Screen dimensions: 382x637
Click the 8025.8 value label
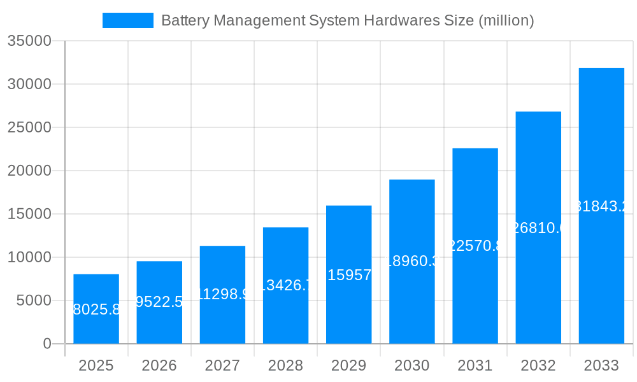pos(96,310)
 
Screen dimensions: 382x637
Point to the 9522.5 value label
pos(159,302)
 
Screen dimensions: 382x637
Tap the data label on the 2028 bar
pos(285,285)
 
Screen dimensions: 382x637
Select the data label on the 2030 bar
pos(412,262)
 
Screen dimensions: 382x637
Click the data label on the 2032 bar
pos(538,228)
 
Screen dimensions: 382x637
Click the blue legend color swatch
pos(128,20)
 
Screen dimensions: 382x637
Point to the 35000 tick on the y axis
pos(29,41)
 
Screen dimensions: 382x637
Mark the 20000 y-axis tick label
pos(29,171)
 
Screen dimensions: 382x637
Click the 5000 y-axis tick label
pos(34,301)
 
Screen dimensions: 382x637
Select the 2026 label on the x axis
pos(159,365)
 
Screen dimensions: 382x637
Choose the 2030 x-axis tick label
pos(412,365)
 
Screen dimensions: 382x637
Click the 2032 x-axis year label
pos(538,365)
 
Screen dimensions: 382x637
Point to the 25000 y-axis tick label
pos(29,127)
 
